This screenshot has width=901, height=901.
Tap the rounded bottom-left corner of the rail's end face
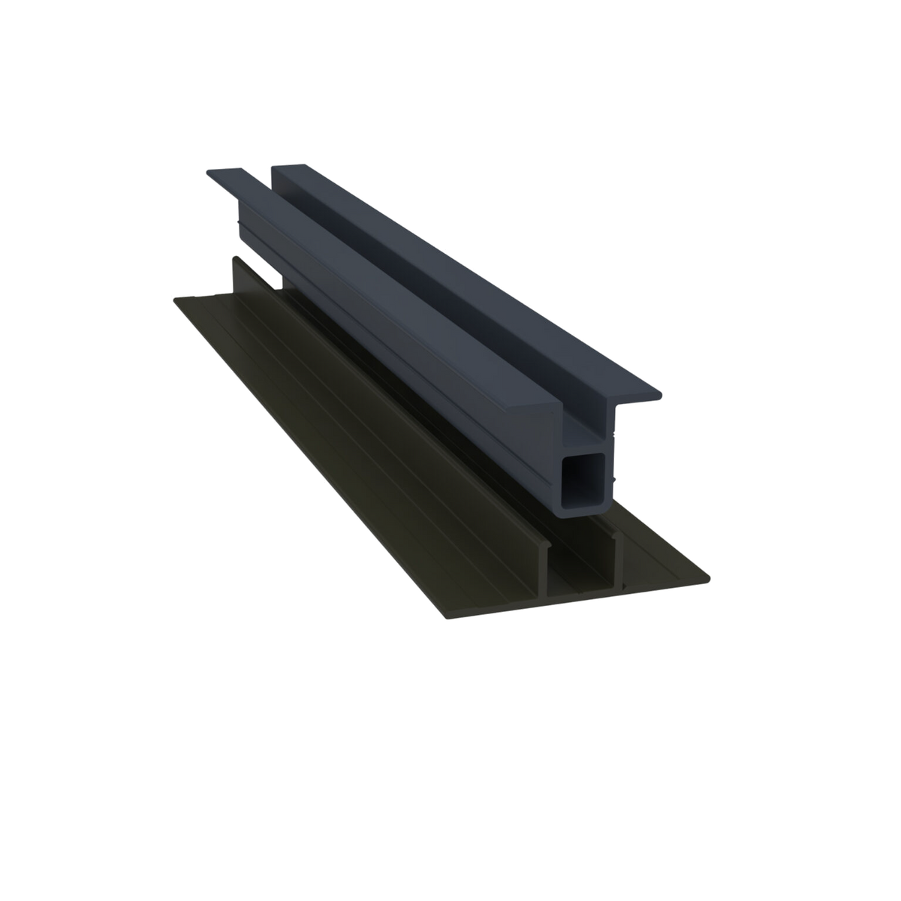pos(563,512)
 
